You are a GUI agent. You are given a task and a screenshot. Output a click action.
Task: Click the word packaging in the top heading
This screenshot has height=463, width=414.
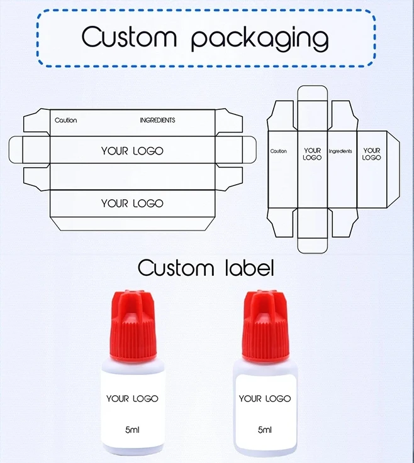pos(259,39)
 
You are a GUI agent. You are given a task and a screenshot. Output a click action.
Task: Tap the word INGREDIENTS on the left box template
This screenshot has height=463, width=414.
pos(157,120)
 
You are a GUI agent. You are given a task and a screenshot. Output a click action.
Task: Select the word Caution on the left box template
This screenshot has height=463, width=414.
pos(65,120)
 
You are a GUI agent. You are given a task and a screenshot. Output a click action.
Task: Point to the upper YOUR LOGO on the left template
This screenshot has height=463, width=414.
pos(132,151)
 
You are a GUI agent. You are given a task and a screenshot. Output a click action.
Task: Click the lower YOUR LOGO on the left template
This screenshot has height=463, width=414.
pos(132,203)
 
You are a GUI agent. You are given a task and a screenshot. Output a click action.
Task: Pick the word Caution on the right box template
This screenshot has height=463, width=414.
pos(278,151)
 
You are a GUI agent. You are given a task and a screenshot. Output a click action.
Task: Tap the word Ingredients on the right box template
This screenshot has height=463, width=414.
pos(340,151)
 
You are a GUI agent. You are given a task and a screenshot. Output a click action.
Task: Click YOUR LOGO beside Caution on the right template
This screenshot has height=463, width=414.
pos(312,154)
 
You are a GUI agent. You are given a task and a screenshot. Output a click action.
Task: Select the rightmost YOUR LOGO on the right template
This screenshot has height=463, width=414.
pos(372,154)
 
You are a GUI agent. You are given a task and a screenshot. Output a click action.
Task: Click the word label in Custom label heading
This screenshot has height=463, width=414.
pos(247,268)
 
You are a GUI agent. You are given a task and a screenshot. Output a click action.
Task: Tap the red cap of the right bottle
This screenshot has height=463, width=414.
pos(264,327)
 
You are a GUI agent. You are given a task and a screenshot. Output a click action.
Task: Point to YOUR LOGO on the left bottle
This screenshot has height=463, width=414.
pos(132,398)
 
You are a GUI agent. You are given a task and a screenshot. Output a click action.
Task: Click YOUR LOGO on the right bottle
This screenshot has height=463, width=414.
pos(265,398)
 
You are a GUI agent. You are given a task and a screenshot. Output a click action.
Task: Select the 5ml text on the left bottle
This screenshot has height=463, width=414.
pos(132,430)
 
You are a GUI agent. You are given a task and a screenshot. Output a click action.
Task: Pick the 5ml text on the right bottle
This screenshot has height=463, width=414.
pos(265,430)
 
